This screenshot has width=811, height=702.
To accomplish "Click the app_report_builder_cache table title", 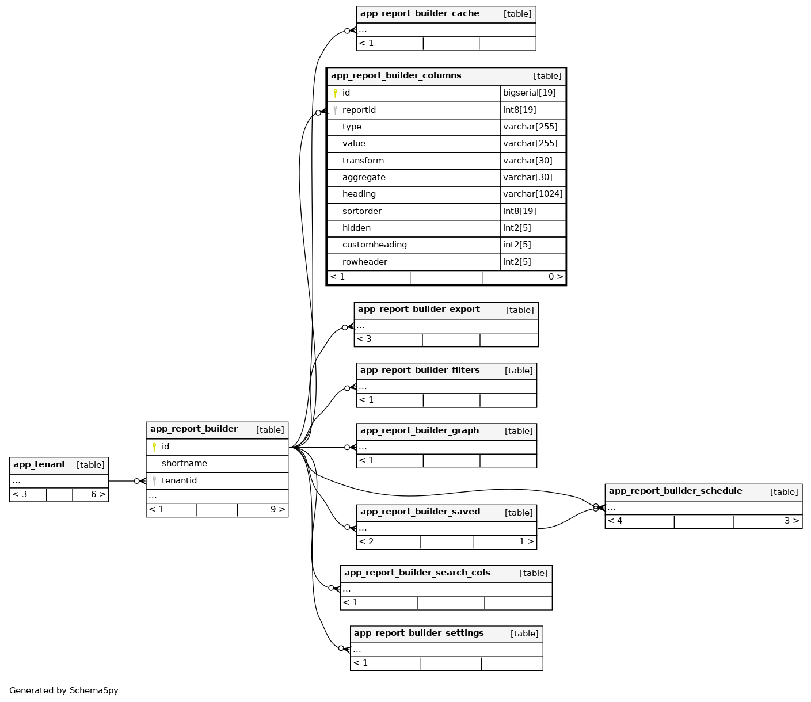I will [x=420, y=14].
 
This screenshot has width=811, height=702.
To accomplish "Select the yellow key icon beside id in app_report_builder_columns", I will [x=335, y=93].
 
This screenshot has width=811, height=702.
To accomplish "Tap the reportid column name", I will [x=359, y=110].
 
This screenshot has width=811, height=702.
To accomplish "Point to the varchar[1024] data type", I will [x=532, y=194].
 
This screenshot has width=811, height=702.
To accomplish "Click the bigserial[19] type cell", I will [x=529, y=93].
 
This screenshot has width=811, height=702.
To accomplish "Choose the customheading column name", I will [x=374, y=245].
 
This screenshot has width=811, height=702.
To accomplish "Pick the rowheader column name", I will [x=364, y=262].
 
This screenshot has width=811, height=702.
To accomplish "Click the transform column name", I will [x=363, y=161].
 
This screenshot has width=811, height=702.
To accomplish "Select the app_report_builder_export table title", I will [x=418, y=310].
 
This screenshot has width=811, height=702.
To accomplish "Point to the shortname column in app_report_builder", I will [x=184, y=464].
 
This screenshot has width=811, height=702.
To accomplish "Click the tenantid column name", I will [x=179, y=481].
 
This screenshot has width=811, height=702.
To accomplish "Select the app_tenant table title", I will [x=39, y=465].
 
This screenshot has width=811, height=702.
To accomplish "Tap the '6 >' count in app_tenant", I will [x=98, y=494].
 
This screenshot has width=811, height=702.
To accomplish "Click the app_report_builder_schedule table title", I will [x=675, y=491].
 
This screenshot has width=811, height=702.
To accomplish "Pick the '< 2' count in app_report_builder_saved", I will [x=367, y=541].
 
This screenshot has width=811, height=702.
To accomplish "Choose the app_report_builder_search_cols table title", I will [x=417, y=573].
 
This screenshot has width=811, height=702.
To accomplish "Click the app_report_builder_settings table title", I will [x=418, y=634].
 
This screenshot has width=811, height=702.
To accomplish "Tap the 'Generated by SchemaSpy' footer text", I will [x=64, y=690].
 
